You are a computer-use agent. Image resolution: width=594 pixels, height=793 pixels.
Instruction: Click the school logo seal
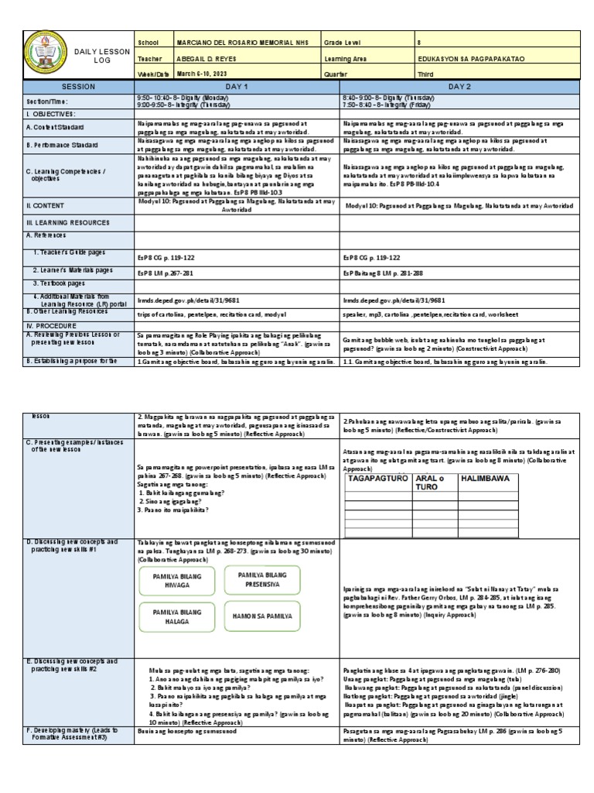(x=48, y=55)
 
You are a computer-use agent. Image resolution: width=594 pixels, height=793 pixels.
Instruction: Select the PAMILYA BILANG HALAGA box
(x=178, y=616)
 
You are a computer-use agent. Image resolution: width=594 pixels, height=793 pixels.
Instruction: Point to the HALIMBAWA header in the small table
(x=485, y=478)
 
